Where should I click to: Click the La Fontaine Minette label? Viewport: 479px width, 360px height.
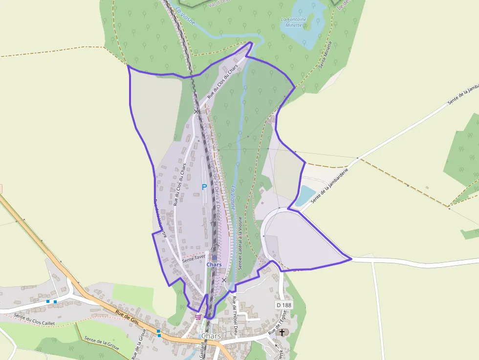[294, 22]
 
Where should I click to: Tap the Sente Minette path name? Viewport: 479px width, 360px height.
[326, 54]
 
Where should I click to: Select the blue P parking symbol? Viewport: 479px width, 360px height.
[205, 187]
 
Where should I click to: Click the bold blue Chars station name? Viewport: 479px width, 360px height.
[214, 265]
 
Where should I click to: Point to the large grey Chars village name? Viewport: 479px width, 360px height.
[211, 336]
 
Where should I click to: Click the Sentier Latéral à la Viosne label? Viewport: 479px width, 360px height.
[240, 244]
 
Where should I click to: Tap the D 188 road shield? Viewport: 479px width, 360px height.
[283, 305]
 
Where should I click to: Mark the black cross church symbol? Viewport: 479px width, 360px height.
[282, 333]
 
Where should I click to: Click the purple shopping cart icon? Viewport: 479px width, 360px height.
[198, 317]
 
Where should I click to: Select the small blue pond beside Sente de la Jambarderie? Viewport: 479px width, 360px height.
[305, 195]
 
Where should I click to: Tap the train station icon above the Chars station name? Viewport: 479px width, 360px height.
[215, 257]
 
